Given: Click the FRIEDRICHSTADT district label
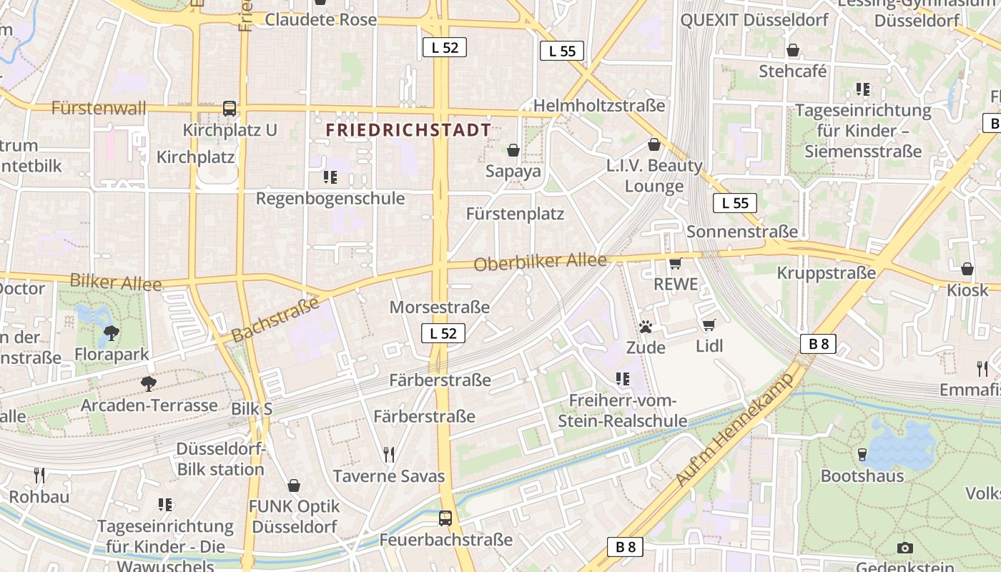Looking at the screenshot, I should [x=408, y=130].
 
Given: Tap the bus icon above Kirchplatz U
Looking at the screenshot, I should [x=230, y=109].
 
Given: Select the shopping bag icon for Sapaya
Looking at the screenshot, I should [x=513, y=150].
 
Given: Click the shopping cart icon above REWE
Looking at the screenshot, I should [x=676, y=263].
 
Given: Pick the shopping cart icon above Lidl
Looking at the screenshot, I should [x=709, y=325].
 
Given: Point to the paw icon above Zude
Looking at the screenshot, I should [x=646, y=327].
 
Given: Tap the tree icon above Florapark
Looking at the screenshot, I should [x=112, y=332].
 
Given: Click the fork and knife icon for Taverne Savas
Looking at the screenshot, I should [x=389, y=454].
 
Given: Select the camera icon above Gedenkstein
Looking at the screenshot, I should [x=905, y=548].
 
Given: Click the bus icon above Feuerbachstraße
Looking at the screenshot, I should [x=445, y=518].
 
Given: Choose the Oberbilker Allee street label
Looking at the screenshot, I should [x=541, y=262].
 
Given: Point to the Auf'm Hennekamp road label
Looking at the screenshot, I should [x=735, y=430].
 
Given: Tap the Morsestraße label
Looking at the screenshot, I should [x=440, y=307].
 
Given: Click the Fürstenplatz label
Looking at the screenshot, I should [x=515, y=214].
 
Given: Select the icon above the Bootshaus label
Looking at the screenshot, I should [x=862, y=454].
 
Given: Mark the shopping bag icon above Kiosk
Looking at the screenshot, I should [x=967, y=269].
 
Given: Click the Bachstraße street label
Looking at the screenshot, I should [x=275, y=320].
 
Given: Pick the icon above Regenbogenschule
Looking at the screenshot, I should [x=330, y=177].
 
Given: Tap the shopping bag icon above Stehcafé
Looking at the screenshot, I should [x=793, y=50].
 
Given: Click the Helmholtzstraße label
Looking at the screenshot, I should [x=599, y=106].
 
